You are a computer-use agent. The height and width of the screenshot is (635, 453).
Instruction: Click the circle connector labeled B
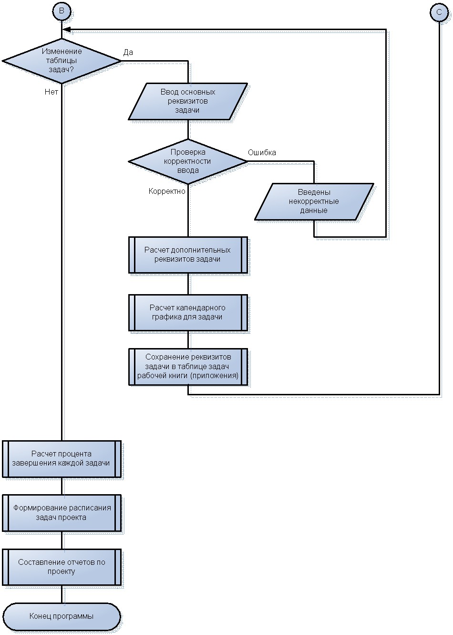[62, 11]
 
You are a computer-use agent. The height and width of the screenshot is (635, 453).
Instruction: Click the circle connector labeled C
[439, 12]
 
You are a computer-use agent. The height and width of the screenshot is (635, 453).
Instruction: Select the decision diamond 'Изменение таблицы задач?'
[62, 61]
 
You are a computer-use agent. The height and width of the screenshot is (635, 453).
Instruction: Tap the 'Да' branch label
[128, 52]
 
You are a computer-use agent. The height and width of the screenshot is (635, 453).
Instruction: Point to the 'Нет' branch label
[51, 92]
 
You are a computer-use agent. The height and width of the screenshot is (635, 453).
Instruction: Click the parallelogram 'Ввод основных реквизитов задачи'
[188, 101]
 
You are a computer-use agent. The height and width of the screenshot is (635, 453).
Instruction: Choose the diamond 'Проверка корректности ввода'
[188, 161]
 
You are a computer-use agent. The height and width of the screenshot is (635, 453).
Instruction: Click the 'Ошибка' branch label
[262, 152]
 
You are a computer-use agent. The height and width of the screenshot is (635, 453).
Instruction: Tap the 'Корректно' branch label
[167, 191]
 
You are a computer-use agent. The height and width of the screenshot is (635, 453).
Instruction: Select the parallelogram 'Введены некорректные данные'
[314, 201]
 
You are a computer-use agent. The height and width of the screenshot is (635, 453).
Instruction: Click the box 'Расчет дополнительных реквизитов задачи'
[188, 255]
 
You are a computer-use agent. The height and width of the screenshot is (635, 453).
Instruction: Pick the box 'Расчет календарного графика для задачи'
[188, 313]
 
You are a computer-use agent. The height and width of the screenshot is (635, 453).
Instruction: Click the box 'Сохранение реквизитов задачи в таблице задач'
[188, 367]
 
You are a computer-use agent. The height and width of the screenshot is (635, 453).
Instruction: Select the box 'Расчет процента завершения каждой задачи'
[62, 459]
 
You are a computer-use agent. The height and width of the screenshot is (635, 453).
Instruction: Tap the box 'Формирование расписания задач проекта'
[62, 513]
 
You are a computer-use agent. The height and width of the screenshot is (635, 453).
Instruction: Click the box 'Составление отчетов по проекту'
[62, 567]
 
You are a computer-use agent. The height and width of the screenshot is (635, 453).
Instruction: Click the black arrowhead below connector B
[66, 29]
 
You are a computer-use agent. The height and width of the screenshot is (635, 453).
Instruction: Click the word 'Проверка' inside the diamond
[188, 152]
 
